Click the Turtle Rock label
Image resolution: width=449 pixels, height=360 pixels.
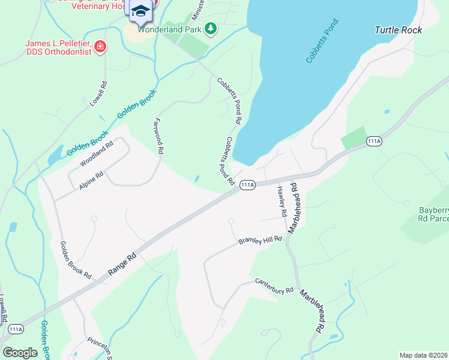pyautogui.click(x=398, y=30)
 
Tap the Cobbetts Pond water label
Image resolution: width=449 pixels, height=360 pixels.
pyautogui.click(x=322, y=41)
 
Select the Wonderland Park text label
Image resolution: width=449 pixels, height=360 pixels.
pyautogui.click(x=170, y=28)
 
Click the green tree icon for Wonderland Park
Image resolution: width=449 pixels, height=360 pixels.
pyautogui.click(x=210, y=28)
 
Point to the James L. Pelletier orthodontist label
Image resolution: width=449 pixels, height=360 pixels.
pyautogui.click(x=58, y=47)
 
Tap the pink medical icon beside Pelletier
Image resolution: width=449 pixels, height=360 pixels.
pyautogui.click(x=100, y=46)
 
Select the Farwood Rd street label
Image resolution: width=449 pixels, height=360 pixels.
pyautogui.click(x=159, y=136)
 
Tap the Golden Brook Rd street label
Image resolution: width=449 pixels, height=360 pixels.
pyautogui.click(x=76, y=260)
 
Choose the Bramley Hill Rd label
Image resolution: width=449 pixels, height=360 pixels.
pyautogui.click(x=260, y=241)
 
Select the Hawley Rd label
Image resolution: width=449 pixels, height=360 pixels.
pyautogui.click(x=281, y=201)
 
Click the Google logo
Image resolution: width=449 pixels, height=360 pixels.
pyautogui.click(x=20, y=352)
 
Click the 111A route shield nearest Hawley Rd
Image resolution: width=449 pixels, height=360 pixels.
pyautogui.click(x=247, y=185)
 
